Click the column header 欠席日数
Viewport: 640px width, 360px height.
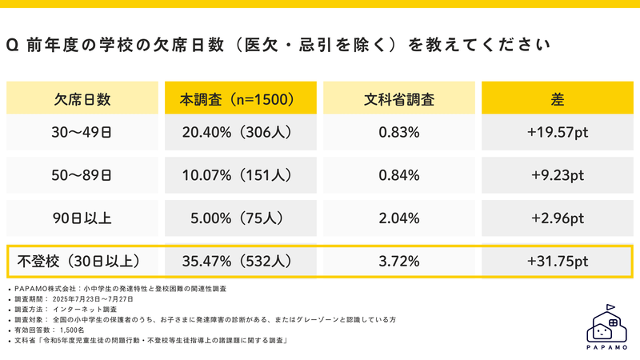pos(82,100)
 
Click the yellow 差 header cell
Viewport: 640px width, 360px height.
pos(558,100)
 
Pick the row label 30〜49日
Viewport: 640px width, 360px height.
pos(82,133)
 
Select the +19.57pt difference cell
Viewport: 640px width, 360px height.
pos(558,133)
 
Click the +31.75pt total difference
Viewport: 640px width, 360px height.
pos(558,261)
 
